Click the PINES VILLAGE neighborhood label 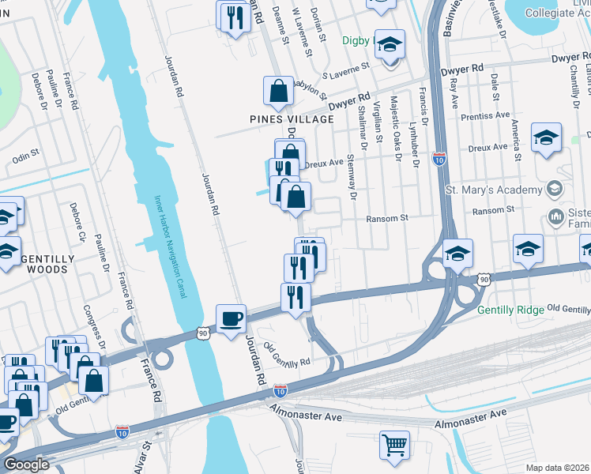(280, 119)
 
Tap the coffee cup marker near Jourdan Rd (231, 318)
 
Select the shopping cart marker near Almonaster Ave (394, 444)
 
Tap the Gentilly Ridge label (510, 310)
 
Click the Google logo (26, 465)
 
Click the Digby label (355, 40)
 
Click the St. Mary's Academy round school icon (555, 189)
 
